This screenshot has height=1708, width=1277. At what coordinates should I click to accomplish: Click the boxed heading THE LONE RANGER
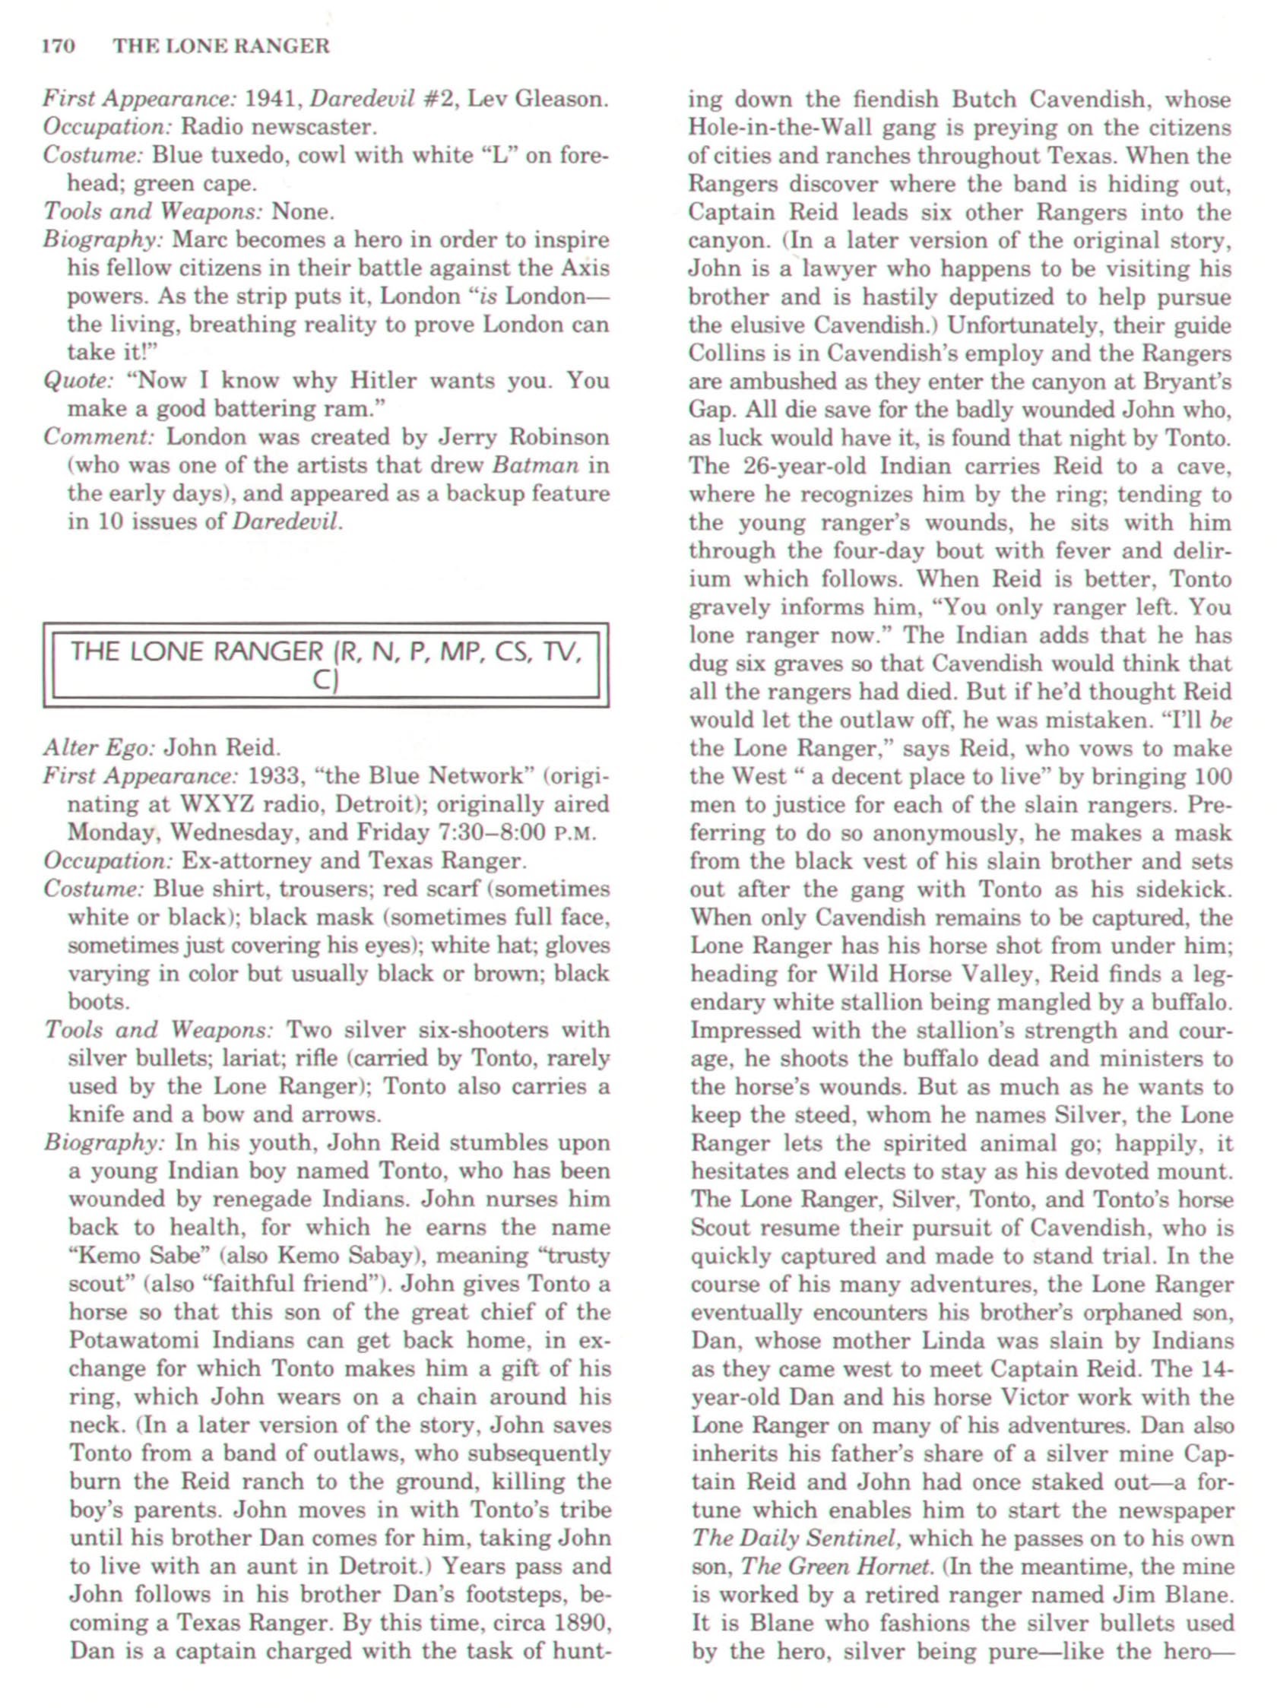198,652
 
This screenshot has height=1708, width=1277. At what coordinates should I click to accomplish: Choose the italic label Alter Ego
100,747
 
